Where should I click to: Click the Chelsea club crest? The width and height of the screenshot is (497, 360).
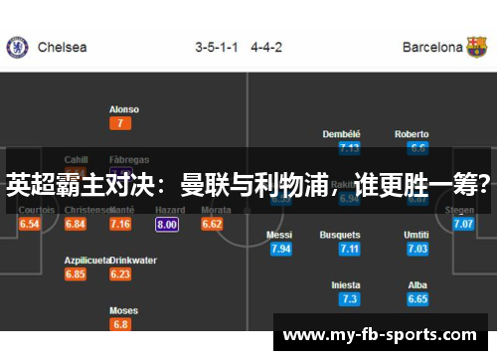point(17,47)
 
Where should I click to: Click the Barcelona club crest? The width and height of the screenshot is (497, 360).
point(477,47)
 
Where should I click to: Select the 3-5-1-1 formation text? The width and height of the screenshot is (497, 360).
point(216,47)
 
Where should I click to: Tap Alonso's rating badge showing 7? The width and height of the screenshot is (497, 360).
point(120,123)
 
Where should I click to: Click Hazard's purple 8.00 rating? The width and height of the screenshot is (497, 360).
point(167,225)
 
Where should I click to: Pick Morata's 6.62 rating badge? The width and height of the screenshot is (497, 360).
point(212,225)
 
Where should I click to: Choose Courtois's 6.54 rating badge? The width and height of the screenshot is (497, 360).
point(30,225)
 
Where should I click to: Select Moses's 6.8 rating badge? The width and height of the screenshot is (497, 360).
point(120,324)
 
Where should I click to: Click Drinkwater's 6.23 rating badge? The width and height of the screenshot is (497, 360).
point(120,274)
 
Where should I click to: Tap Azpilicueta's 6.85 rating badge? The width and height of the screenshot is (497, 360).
point(76,274)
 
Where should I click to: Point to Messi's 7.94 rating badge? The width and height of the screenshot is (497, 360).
point(280,249)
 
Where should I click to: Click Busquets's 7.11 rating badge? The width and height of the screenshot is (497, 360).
point(349,249)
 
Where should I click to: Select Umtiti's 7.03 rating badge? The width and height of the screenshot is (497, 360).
point(417,249)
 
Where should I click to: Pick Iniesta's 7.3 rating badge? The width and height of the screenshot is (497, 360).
point(349,298)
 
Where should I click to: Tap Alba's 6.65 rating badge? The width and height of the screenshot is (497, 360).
point(417,298)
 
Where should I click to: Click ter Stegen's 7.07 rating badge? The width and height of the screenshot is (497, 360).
point(463,225)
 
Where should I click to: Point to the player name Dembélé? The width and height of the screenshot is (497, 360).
point(341,134)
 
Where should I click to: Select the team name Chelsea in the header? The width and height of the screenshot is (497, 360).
point(62,47)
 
